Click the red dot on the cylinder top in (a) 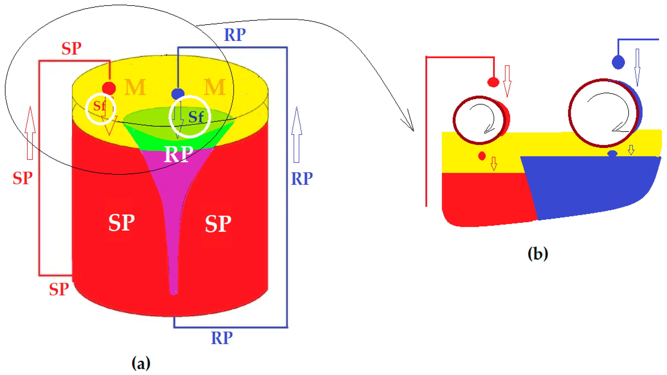point(109,88)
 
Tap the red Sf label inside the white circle point(99,106)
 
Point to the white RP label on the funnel point(179,154)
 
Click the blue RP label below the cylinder point(222,338)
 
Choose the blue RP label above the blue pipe point(235,35)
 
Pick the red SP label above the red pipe point(71,48)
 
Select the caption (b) point(538,254)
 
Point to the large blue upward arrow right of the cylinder point(296,135)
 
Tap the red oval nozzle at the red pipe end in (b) point(493,82)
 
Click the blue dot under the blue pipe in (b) point(618,62)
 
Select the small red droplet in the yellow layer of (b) point(482,156)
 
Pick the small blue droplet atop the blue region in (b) point(612,154)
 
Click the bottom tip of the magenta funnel point(173,293)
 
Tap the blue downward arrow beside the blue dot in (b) point(637,67)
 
